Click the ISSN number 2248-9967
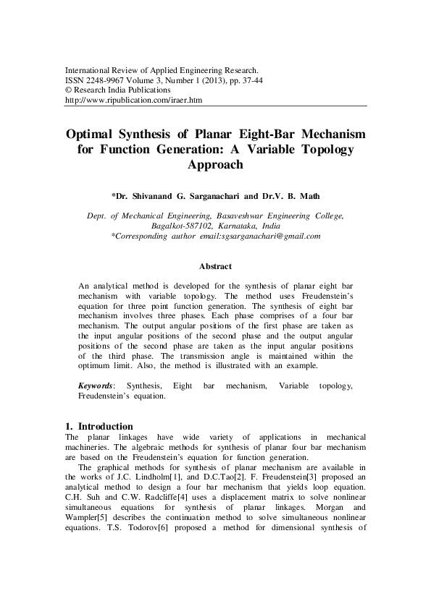[x=105, y=80]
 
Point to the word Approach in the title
[x=215, y=164]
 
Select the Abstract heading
[x=215, y=266]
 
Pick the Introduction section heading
[x=105, y=427]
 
